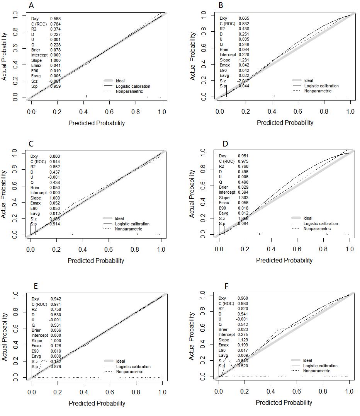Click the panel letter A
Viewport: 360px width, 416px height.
click(x=31, y=5)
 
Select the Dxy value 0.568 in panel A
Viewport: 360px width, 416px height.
click(x=55, y=19)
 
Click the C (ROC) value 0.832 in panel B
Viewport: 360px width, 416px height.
click(x=244, y=24)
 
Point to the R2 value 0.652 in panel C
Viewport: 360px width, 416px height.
click(x=54, y=167)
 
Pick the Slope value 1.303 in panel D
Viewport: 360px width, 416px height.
click(x=243, y=198)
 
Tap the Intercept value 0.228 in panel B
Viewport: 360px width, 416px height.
click(x=244, y=55)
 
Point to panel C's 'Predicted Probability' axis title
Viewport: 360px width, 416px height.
click(x=96, y=261)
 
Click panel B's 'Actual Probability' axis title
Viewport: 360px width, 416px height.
click(x=193, y=56)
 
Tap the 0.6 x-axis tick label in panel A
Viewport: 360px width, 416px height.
click(x=110, y=112)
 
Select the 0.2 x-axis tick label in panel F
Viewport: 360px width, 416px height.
click(x=245, y=392)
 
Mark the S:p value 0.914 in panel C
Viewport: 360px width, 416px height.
click(x=54, y=224)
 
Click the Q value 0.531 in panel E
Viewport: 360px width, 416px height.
click(x=56, y=325)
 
